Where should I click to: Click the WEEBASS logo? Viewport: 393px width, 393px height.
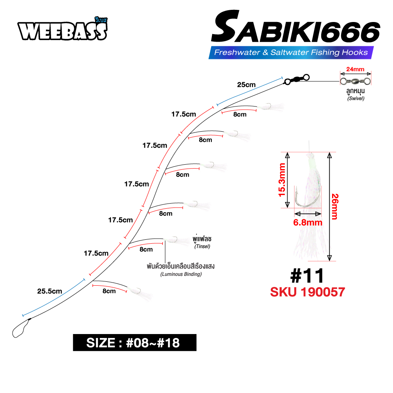click(62, 29)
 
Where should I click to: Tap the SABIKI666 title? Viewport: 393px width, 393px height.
click(296, 27)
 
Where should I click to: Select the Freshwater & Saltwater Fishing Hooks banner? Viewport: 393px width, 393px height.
click(291, 52)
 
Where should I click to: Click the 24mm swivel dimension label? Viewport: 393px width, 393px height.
click(355, 69)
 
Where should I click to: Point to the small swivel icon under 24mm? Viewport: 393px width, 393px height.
click(355, 81)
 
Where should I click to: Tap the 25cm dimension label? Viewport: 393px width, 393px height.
click(246, 85)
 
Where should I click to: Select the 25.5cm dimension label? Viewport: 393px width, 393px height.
click(50, 291)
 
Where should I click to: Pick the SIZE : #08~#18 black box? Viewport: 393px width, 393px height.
click(134, 343)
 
